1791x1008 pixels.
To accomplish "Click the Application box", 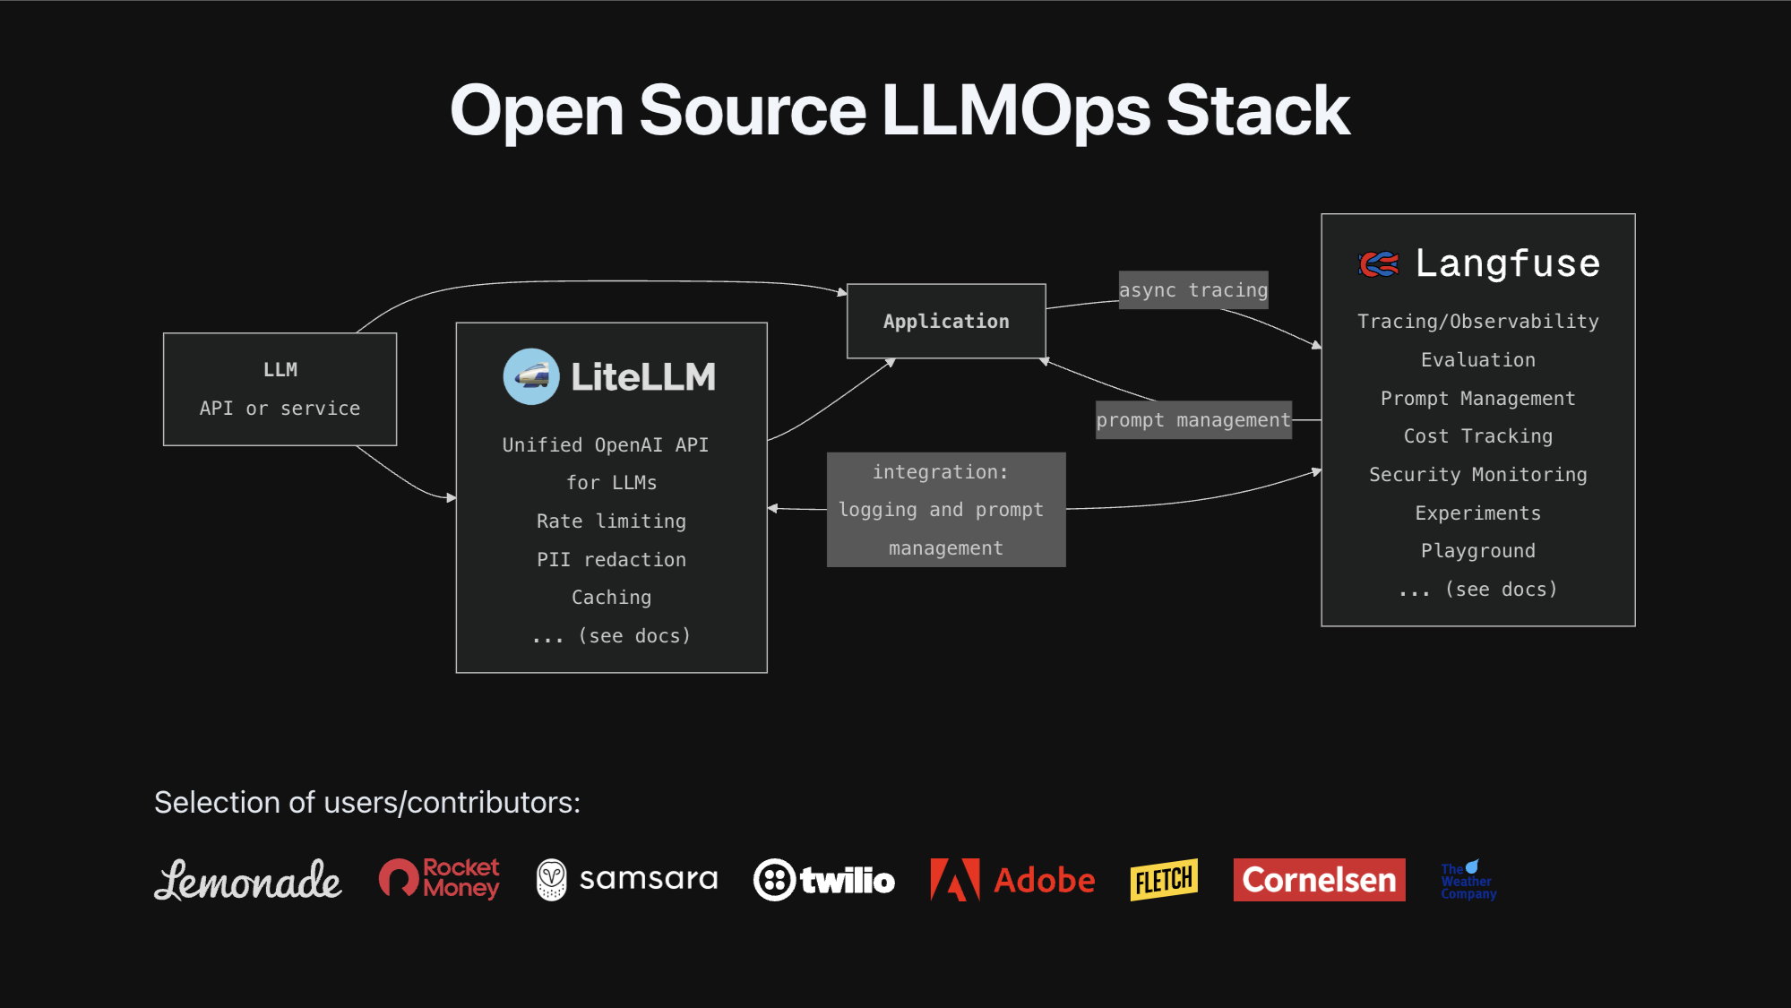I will click(x=946, y=322).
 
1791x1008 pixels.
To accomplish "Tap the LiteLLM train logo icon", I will click(x=531, y=376).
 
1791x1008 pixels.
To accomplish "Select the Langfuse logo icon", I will click(x=1379, y=264).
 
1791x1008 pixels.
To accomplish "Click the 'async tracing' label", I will click(x=1193, y=290).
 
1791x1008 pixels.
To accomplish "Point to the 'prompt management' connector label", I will click(x=1193, y=420).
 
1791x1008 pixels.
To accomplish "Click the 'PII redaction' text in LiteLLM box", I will click(x=611, y=560).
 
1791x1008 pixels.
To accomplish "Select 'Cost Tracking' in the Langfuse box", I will click(x=1477, y=436).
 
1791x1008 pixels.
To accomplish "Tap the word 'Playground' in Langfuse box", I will click(x=1477, y=551).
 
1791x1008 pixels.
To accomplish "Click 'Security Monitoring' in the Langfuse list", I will click(x=1477, y=475).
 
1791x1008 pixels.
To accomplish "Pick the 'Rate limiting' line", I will click(x=611, y=521).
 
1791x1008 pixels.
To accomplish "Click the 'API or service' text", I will click(x=280, y=409).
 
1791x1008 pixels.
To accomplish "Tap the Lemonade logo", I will click(x=248, y=880).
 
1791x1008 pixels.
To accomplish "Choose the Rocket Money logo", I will click(x=439, y=878).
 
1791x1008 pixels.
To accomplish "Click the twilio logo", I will click(x=824, y=880).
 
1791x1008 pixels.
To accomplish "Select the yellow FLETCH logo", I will click(x=1164, y=880).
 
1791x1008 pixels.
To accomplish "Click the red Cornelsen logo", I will click(x=1319, y=880).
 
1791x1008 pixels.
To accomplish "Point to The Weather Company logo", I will click(x=1468, y=881).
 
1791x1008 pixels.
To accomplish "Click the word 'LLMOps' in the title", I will click(x=1015, y=111).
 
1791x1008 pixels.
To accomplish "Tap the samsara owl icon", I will click(x=551, y=880).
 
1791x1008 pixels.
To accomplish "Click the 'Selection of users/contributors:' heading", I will click(x=367, y=803).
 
